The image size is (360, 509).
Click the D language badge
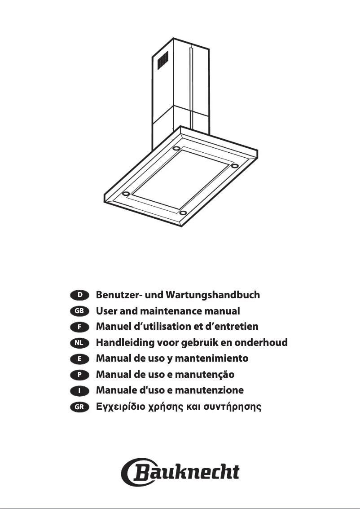coord(80,295)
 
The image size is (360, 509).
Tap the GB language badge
coord(80,311)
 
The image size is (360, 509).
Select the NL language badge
coord(80,343)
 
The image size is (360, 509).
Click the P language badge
coord(80,375)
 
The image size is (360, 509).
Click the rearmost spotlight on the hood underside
coord(177,148)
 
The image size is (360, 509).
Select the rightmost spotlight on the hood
coord(234,166)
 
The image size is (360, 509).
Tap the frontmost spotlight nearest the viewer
coord(183,212)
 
